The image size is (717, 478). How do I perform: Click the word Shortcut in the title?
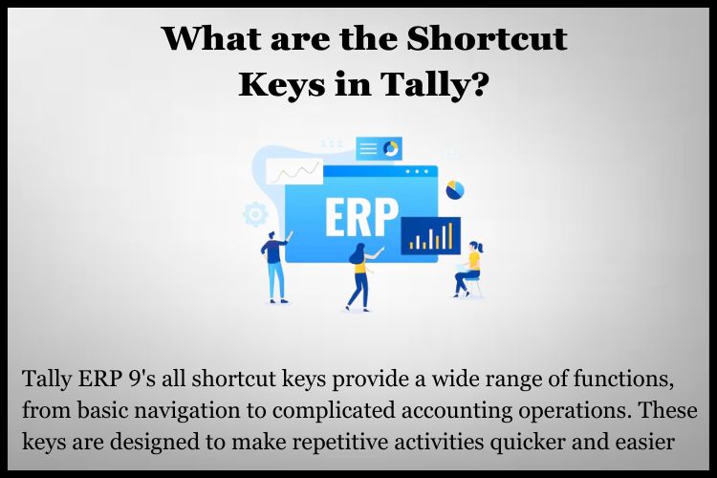(x=487, y=38)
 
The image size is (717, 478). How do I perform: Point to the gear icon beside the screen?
(x=255, y=214)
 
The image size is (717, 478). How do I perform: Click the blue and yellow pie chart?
(x=455, y=190)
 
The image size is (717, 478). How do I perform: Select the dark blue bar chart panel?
(x=431, y=235)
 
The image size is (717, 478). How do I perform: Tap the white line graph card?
(x=294, y=171)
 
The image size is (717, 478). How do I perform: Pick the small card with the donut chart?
(x=379, y=148)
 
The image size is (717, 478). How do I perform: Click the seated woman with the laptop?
(x=469, y=270)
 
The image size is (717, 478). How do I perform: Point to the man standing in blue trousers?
(x=275, y=267)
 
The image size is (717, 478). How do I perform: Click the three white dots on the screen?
(x=417, y=172)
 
